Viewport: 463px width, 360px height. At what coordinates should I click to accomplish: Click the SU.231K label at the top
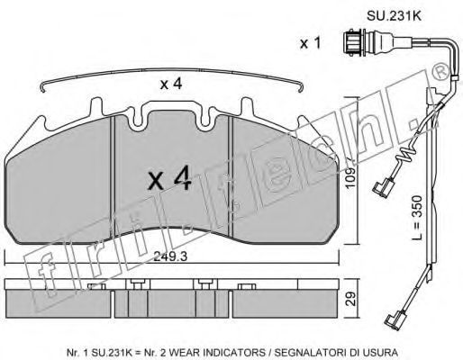394,16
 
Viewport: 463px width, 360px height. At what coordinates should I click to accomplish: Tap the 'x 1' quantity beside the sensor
311,43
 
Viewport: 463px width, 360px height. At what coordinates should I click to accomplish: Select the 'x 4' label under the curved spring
171,84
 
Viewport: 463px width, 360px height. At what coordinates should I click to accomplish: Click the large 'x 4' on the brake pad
170,179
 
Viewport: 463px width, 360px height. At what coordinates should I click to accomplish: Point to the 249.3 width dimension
170,256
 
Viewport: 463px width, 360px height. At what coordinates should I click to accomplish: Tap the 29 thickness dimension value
350,299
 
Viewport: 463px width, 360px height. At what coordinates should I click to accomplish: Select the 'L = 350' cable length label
417,217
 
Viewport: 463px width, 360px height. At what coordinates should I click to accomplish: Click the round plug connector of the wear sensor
354,42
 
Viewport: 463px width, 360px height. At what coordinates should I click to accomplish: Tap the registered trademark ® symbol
440,72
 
